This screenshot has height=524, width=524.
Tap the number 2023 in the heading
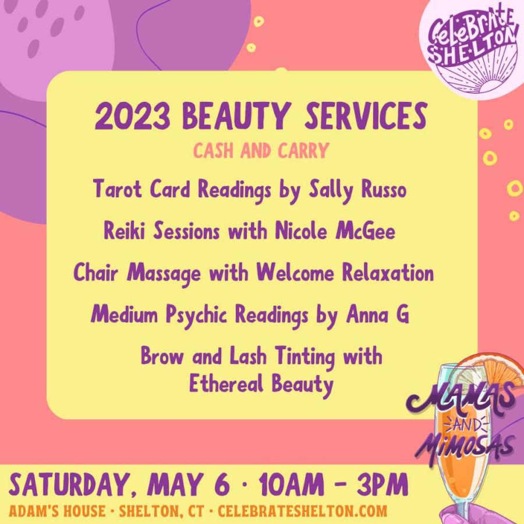[x=132, y=116]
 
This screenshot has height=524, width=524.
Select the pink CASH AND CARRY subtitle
[x=261, y=150]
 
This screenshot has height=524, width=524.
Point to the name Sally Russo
[x=357, y=190]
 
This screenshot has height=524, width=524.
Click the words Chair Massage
[x=137, y=273]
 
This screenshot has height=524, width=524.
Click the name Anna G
[x=378, y=314]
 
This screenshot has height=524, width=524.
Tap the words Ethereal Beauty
[x=261, y=384]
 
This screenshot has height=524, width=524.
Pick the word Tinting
[x=305, y=357]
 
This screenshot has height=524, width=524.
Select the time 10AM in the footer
[x=292, y=484]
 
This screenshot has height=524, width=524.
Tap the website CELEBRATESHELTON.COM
[x=302, y=511]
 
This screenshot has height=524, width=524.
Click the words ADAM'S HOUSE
[x=57, y=511]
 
